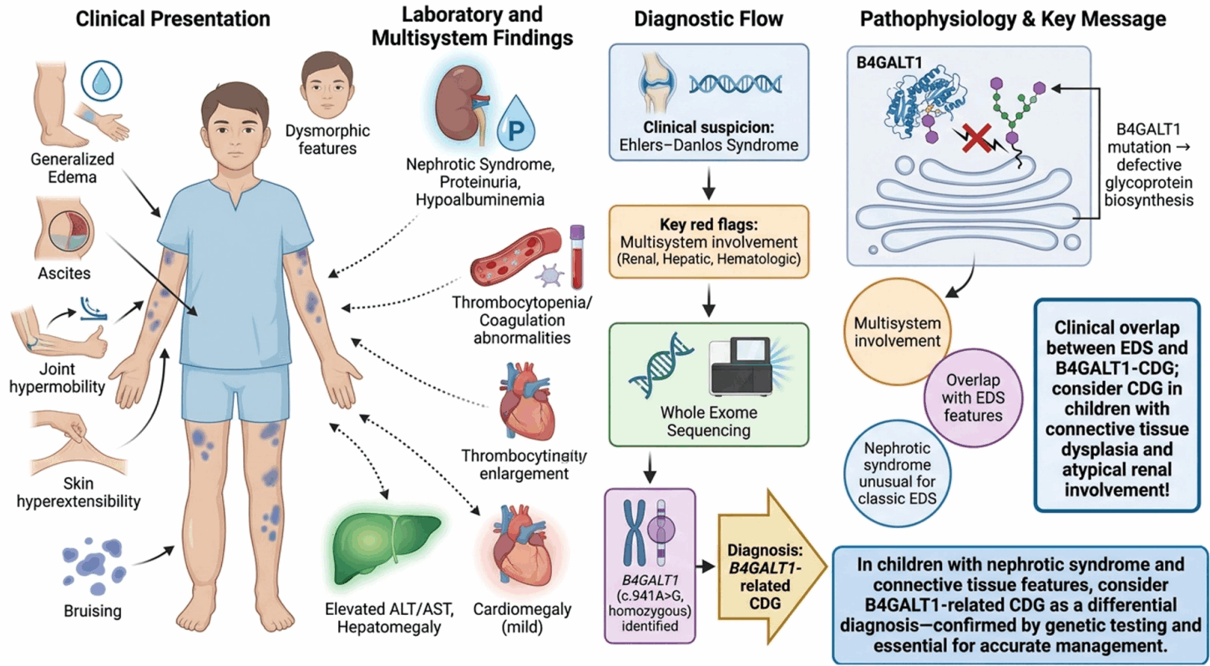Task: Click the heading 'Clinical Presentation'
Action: pos(173,19)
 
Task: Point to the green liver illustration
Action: pos(386,548)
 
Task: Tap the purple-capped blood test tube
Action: pos(578,257)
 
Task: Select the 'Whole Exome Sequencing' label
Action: pos(709,421)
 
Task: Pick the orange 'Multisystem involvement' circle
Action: pos(897,332)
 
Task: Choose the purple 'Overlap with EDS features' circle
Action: pos(973,397)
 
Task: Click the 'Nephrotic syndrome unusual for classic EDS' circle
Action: pos(897,473)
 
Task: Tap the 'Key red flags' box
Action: pos(709,241)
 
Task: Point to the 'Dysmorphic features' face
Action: pos(327,84)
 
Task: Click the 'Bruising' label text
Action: pos(93,611)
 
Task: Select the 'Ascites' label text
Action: pos(63,273)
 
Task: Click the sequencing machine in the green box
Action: pos(746,366)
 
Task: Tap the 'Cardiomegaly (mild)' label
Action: pos(523,618)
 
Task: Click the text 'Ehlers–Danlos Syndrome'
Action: pos(709,145)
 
